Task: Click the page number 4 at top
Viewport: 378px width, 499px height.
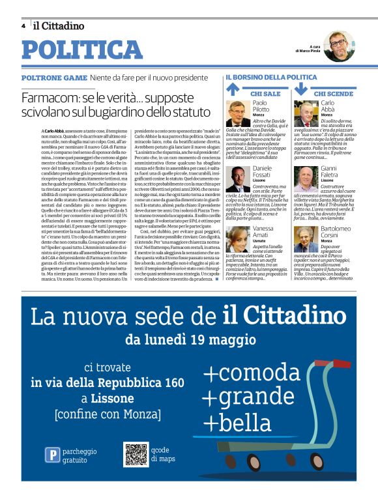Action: point(23,26)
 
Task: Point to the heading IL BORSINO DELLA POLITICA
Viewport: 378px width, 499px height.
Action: point(271,78)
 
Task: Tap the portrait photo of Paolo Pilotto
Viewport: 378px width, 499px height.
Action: point(239,114)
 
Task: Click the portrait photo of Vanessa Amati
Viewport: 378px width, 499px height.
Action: point(239,239)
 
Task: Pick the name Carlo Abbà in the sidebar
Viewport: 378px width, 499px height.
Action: point(328,107)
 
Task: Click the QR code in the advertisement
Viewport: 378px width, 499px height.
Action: point(136,454)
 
